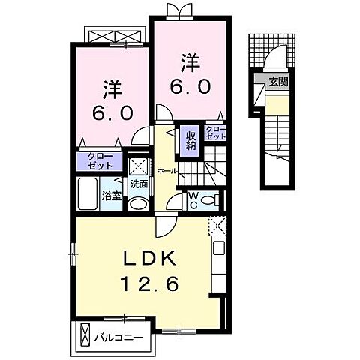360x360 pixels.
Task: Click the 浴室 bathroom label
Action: (x=112, y=197)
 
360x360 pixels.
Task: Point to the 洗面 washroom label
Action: (x=139, y=184)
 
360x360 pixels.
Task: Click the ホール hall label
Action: (x=166, y=171)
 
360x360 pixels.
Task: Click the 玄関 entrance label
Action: (x=278, y=82)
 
